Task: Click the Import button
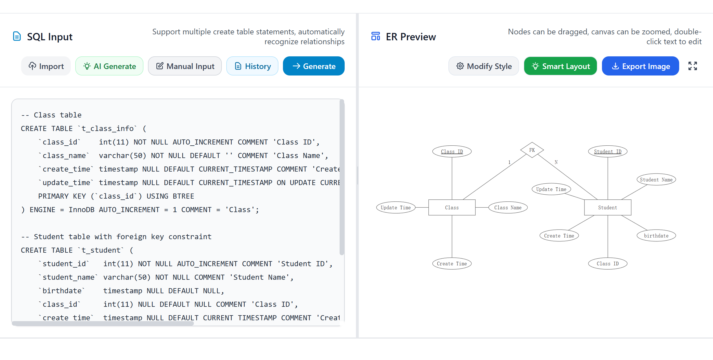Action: (x=46, y=66)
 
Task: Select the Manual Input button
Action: (x=185, y=66)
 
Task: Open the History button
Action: (x=252, y=66)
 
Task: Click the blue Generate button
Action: (x=314, y=66)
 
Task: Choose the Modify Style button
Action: (x=484, y=66)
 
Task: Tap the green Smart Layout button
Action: (x=560, y=66)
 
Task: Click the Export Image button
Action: (x=640, y=66)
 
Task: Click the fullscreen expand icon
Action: (x=692, y=66)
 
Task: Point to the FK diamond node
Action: (x=532, y=150)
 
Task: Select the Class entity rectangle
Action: (x=452, y=208)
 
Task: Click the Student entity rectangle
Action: (x=608, y=208)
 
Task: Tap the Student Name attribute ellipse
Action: (x=656, y=180)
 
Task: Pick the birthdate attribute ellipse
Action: (x=656, y=236)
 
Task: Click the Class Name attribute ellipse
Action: (x=508, y=208)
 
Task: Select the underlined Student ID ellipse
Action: (x=608, y=152)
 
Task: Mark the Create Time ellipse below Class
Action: (x=452, y=264)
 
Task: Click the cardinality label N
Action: (x=556, y=162)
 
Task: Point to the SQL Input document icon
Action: (x=17, y=36)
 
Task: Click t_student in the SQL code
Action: (x=101, y=250)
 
